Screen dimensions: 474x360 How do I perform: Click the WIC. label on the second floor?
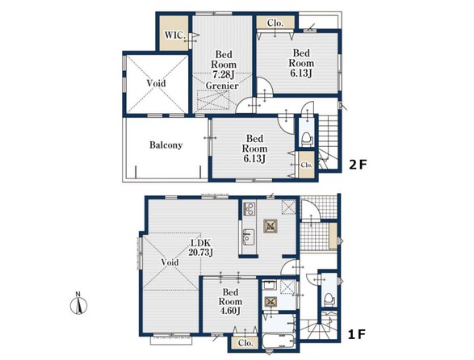[x=174, y=35]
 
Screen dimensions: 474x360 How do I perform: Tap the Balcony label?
[x=166, y=145]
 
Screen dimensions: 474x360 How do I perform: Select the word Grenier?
[x=222, y=86]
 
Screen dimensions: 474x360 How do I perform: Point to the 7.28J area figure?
[x=224, y=74]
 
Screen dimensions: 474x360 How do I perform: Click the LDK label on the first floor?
[x=200, y=242]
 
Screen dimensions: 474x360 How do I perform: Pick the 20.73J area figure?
[x=201, y=252]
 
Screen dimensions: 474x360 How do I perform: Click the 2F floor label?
[x=358, y=165]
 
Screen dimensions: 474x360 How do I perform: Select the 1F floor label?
[x=357, y=335]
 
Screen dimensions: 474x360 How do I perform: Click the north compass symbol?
[x=78, y=304]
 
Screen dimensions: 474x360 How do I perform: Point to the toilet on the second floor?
[x=307, y=139]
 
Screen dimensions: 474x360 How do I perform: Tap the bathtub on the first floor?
[x=279, y=341]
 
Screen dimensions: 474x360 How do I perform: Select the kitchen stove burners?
[x=250, y=209]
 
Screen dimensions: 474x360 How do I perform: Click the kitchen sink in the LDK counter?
[x=250, y=237]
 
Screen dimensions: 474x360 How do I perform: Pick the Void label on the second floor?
[x=157, y=83]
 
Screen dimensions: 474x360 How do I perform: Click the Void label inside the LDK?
[x=170, y=262]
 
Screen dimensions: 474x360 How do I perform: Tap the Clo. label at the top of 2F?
[x=275, y=23]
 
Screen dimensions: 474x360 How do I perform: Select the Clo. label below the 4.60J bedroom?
[x=245, y=343]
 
